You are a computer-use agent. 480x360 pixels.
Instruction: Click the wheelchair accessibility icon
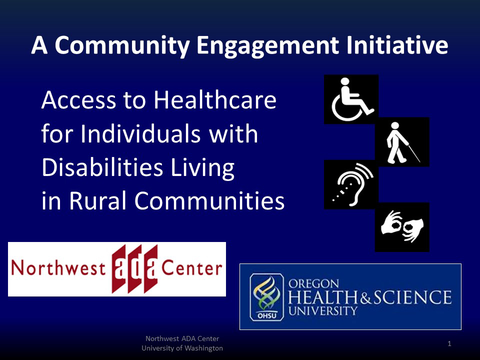coord(351,99)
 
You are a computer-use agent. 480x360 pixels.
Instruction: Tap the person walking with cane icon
coord(402,142)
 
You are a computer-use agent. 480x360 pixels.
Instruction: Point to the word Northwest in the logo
coord(58,269)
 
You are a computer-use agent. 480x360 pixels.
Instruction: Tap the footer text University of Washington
coord(182,348)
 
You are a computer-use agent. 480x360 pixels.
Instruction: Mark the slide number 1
coord(449,343)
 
